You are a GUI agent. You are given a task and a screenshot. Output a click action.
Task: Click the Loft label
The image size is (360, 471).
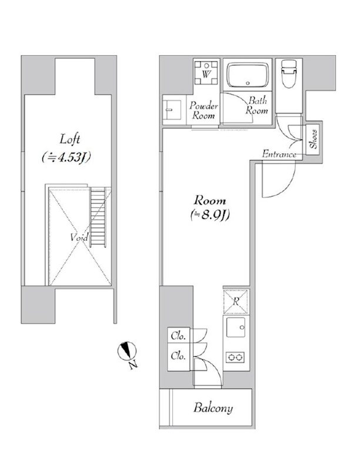coord(69,140)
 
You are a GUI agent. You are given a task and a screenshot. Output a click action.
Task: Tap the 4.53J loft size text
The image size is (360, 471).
coord(66,157)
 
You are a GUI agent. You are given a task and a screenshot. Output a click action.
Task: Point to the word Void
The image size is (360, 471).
coord(79,237)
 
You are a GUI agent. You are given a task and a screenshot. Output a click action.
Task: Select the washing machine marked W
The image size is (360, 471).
coord(206,73)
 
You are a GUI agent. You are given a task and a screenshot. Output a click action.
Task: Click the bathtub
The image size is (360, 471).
coord(248,75)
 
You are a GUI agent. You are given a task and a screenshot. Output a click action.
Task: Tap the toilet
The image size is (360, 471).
coord(289,74)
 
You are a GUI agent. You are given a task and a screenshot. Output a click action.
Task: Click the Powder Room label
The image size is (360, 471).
coord(204,111)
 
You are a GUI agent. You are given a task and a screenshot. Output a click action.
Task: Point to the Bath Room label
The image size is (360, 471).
coord(257,105)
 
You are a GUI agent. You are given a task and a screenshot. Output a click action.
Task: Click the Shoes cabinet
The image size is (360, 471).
coord(312,140)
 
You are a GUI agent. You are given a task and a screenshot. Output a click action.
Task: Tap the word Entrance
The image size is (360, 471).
coord(279,154)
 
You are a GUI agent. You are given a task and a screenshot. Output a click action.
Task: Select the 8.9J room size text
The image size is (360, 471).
coord(210,215)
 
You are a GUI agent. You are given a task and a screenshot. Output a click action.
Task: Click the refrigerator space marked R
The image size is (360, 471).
coord(236,301)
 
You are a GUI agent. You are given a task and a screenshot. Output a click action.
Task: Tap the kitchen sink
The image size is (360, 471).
coord(236,327)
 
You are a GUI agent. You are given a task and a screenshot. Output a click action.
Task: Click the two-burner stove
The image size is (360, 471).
coord(235,357)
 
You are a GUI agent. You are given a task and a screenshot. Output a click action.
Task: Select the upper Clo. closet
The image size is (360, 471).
coord(178,336)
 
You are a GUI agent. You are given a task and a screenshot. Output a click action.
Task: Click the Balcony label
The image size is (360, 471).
coord(213,408)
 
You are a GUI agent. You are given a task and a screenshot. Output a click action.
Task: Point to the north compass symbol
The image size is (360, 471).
coord(127,351)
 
